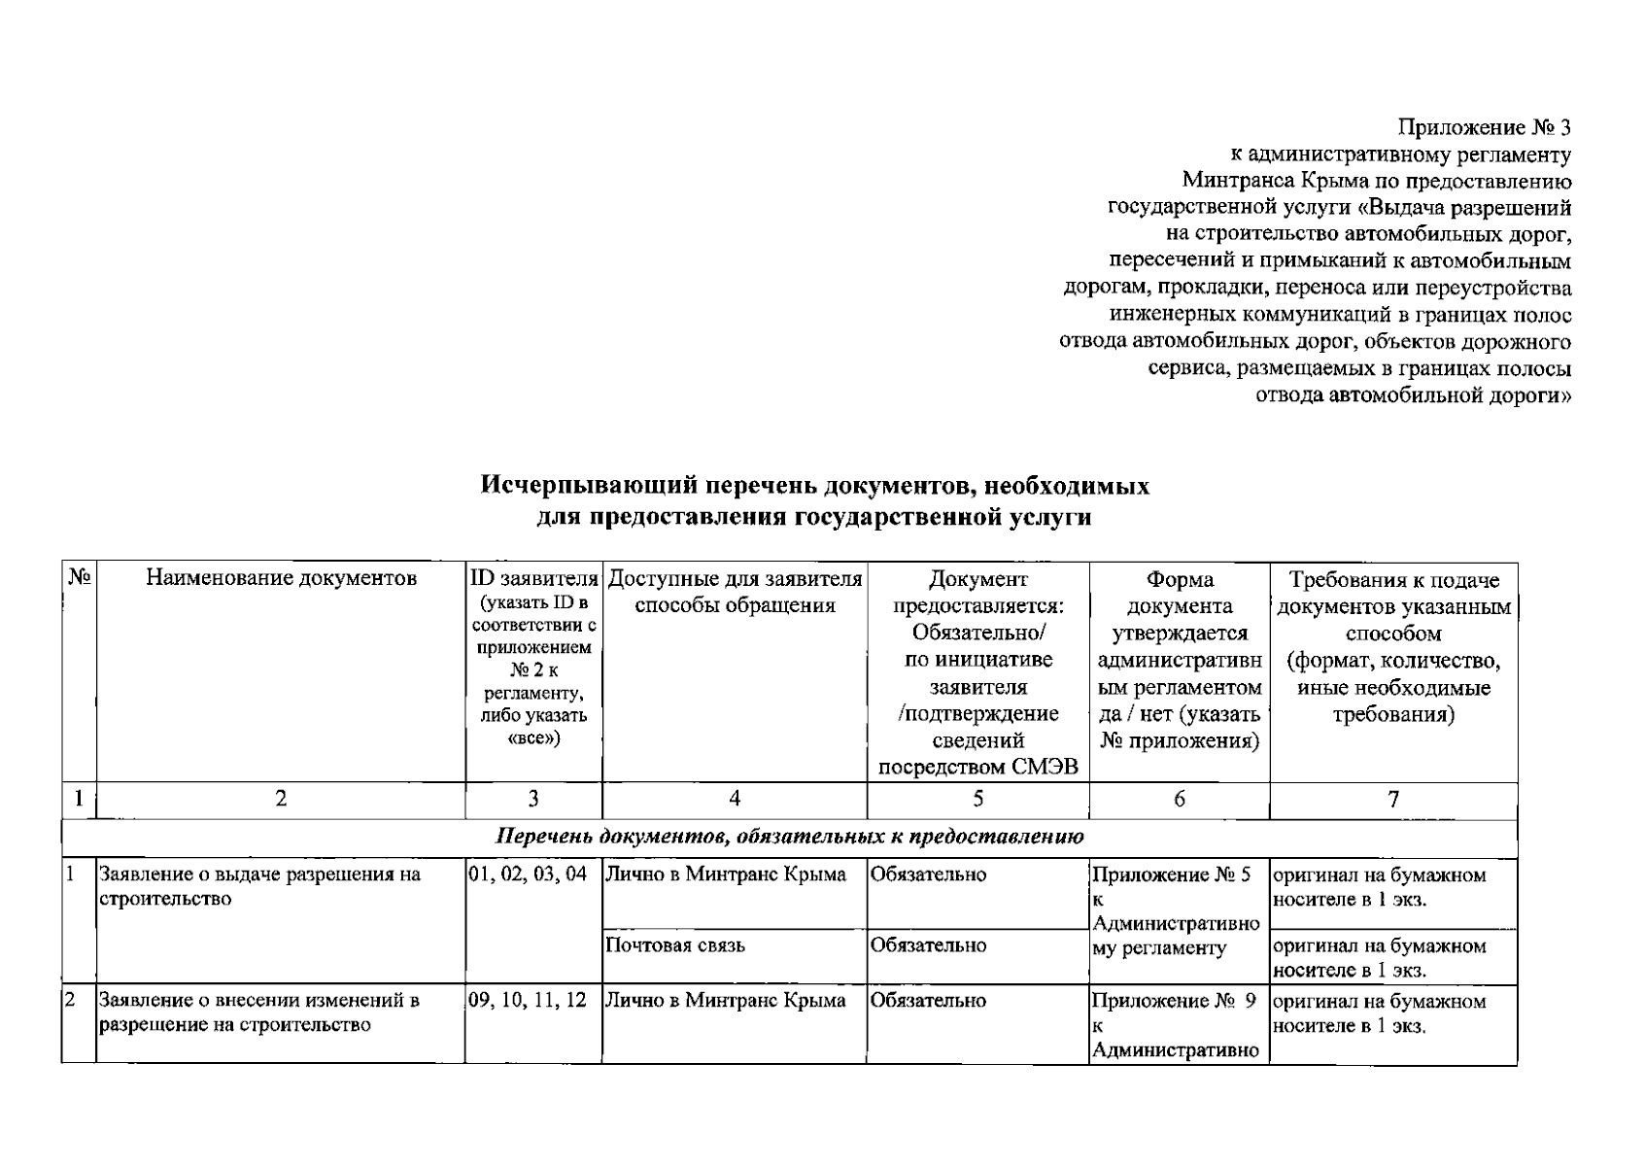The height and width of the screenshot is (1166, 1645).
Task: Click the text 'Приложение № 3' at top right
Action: (1484, 127)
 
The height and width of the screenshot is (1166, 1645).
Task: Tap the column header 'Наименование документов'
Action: (281, 579)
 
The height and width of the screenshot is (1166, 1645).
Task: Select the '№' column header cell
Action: (79, 577)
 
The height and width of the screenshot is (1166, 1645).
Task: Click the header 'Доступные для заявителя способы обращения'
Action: (735, 593)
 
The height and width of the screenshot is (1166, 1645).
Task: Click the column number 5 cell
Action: (977, 799)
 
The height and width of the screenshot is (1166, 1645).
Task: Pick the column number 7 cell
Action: (1393, 799)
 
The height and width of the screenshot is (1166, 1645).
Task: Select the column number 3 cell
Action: (533, 799)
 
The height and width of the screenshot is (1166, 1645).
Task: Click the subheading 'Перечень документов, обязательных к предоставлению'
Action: (790, 837)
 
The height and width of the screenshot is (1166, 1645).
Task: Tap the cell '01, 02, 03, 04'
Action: (528, 874)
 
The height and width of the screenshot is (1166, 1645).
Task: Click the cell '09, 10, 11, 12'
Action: (528, 1001)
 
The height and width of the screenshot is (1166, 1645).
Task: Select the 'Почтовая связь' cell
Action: (675, 945)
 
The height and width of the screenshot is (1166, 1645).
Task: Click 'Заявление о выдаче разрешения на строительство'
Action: (260, 886)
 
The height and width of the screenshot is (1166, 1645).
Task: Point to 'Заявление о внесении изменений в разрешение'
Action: (258, 1012)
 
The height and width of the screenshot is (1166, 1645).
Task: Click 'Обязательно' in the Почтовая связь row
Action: (929, 945)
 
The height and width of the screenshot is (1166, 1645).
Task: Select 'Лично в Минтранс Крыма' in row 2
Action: (726, 1001)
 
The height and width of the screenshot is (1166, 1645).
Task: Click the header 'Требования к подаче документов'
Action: (1393, 594)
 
